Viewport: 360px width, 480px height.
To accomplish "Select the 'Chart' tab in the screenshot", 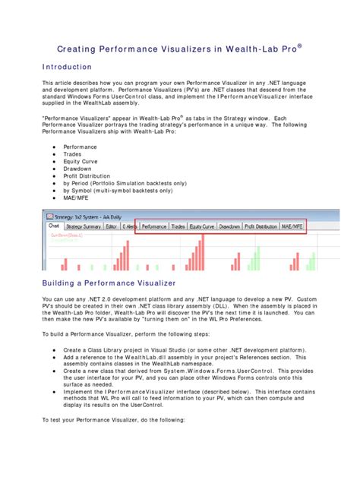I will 54,226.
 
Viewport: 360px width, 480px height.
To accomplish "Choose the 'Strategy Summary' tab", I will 84,226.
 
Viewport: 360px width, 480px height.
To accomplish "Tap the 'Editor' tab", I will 112,226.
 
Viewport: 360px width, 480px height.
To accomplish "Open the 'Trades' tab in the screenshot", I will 178,226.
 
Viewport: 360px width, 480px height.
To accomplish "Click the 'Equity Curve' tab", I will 202,226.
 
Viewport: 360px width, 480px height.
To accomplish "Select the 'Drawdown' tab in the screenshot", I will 230,226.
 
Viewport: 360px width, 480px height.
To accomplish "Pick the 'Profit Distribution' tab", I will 261,226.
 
